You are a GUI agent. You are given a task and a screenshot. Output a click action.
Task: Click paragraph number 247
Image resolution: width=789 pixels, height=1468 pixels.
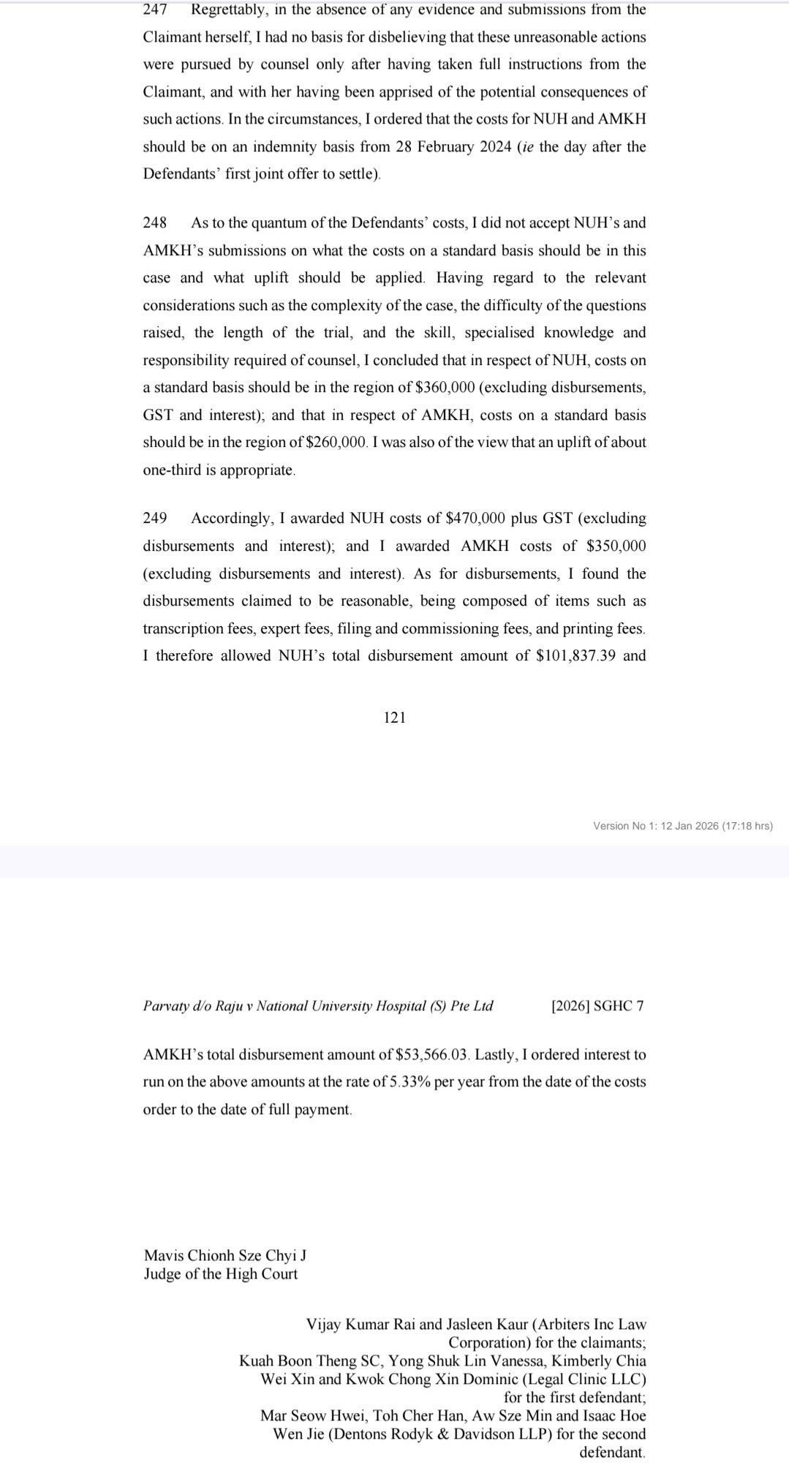click(x=155, y=10)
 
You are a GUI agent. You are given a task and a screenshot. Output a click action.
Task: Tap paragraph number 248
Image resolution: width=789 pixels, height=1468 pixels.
click(x=155, y=222)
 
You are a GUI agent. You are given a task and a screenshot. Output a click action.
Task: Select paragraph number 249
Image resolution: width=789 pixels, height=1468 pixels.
click(x=155, y=519)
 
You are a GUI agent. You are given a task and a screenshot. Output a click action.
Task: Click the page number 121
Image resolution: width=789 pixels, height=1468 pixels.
click(x=394, y=718)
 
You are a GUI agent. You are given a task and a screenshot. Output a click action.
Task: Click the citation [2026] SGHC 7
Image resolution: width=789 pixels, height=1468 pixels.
click(x=597, y=1006)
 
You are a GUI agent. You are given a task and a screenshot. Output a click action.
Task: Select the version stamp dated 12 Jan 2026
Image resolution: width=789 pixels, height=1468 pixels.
click(x=683, y=826)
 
